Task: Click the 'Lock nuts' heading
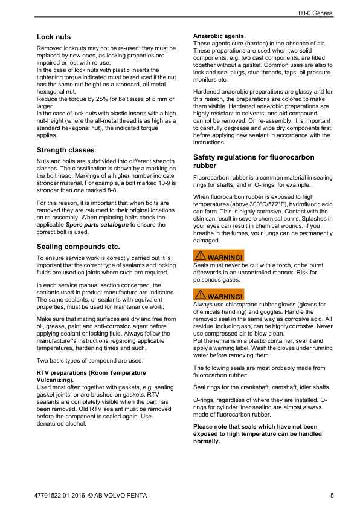(54, 37)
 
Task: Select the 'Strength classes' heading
(65, 150)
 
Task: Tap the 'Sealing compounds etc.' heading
(79, 247)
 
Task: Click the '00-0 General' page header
(317, 13)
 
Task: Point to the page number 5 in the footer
(332, 497)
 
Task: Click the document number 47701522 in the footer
(51, 497)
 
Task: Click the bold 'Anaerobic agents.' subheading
(219, 36)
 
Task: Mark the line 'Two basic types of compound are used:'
(90, 360)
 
